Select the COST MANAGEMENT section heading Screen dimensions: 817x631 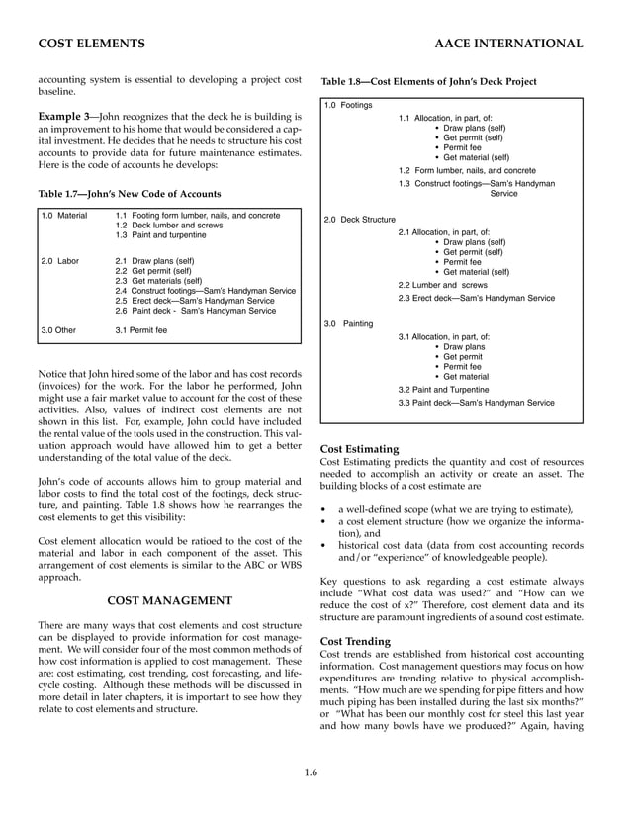169,600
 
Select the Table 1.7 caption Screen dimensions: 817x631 130,193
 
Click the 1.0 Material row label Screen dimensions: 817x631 64,215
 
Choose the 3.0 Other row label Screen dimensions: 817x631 58,328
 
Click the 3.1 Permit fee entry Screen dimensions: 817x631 141,328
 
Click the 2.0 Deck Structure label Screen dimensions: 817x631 360,219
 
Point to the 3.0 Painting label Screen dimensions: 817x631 349,323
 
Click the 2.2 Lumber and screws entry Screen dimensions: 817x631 442,284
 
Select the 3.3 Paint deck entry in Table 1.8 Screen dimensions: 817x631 476,403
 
